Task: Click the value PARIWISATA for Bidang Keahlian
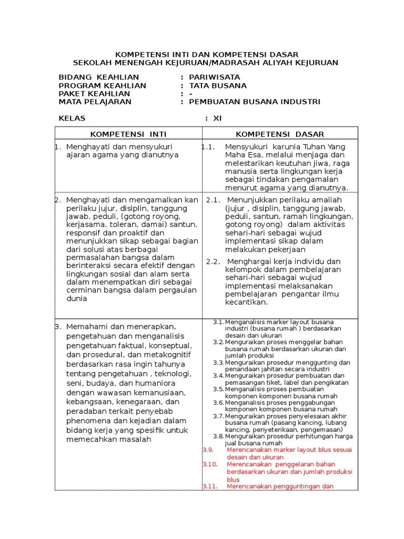214,77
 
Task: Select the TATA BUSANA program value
218,86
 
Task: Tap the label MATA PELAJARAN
95,102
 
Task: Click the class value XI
217,118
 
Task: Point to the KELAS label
72,118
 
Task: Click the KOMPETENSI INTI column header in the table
128,134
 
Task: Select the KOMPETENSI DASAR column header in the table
279,134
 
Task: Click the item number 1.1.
208,147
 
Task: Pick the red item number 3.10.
210,464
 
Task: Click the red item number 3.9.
208,450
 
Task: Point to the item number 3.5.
218,389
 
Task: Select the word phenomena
87,421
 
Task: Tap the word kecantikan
246,302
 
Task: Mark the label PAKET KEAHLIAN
94,94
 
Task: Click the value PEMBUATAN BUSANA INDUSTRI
254,102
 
